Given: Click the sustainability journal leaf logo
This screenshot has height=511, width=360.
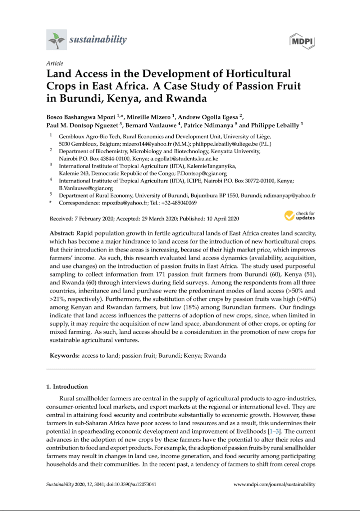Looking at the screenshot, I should point(56,40).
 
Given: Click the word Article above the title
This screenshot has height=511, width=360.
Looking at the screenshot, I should point(54,63).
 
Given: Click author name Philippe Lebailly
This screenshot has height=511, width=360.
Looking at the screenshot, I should point(274,124).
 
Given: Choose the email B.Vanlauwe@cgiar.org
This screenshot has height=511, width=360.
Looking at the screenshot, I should point(86,188).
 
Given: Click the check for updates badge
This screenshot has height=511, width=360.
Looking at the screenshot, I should point(300,216).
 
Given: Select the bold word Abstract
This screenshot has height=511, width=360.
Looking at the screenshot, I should point(62,234).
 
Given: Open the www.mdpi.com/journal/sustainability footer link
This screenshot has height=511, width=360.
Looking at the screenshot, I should point(275,485).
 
